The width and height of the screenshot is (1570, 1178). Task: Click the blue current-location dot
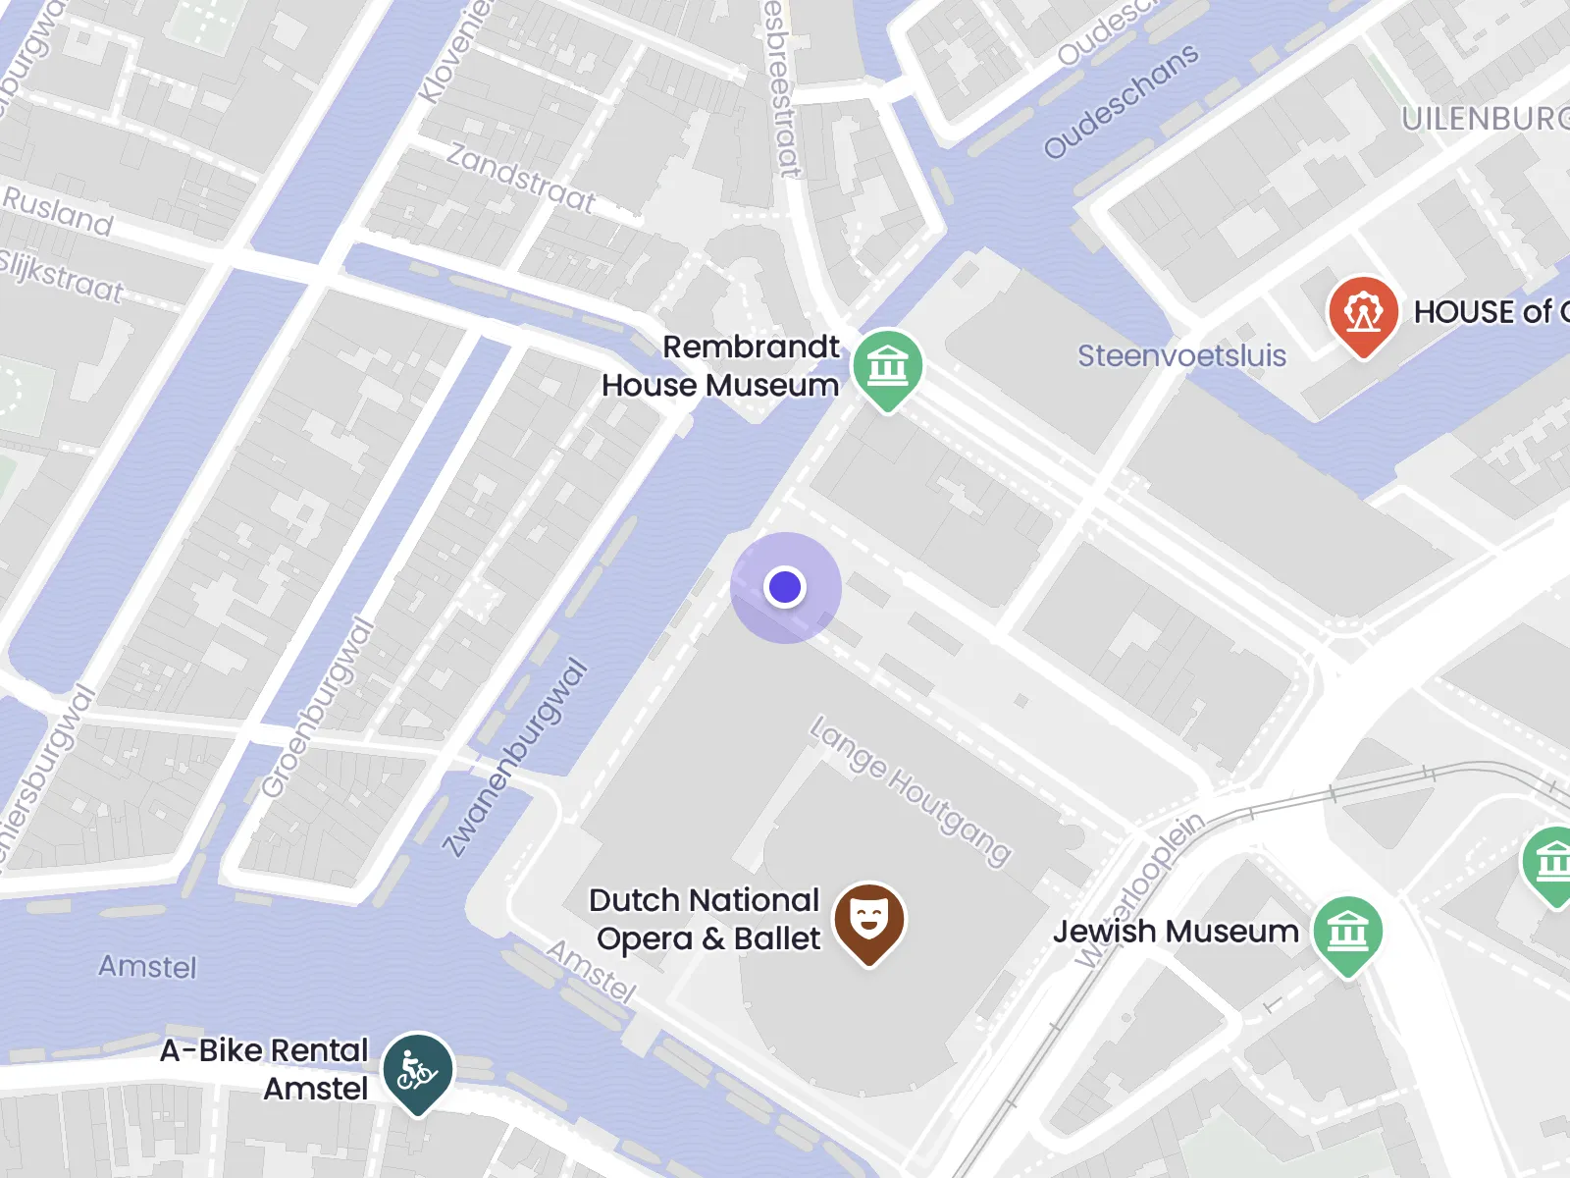click(x=785, y=587)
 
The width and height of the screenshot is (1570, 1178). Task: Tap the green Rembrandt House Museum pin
click(x=887, y=367)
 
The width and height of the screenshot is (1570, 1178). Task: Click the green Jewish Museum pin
click(x=1347, y=932)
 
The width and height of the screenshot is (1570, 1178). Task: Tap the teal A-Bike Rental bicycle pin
click(x=418, y=1070)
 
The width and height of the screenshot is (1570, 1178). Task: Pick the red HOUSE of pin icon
click(x=1362, y=313)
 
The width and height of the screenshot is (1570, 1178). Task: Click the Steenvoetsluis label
click(x=1181, y=355)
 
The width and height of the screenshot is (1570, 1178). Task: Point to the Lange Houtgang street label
click(x=910, y=790)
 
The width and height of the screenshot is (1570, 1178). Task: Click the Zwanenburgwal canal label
click(x=515, y=757)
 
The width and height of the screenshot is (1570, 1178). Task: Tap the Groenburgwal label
click(x=318, y=708)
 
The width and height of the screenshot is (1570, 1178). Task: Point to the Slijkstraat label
click(x=61, y=276)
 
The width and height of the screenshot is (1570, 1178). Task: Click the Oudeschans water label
click(x=1121, y=100)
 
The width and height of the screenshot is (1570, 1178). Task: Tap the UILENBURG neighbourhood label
click(x=1485, y=119)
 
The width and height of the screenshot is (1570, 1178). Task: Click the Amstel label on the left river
click(x=147, y=967)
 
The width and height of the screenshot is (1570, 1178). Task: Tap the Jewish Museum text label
click(x=1176, y=931)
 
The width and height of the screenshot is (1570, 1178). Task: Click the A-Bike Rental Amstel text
click(x=265, y=1069)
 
